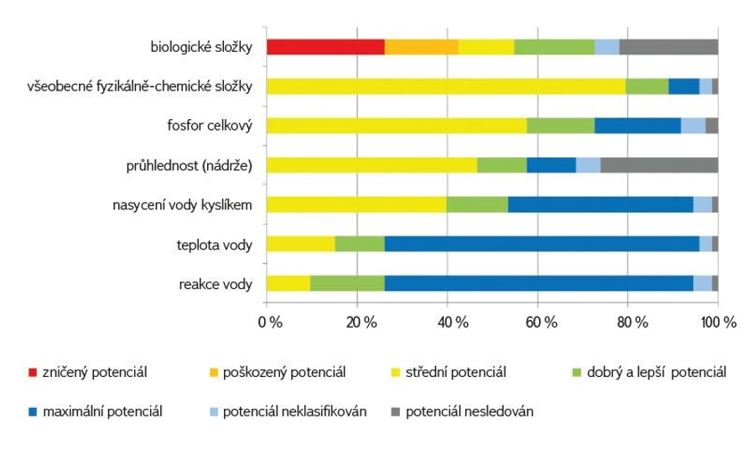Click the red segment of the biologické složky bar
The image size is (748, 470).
coord(325,47)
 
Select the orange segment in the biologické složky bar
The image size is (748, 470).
coord(421,47)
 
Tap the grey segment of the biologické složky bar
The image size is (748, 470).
coord(668,47)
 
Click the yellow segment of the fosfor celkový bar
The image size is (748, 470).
coord(397,126)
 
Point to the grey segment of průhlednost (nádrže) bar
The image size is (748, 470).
coord(659,165)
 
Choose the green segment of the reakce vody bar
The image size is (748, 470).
coord(347,283)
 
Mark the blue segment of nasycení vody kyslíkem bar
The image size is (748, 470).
coord(600,204)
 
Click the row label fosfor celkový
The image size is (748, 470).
coord(210,126)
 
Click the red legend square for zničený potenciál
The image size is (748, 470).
coord(33,371)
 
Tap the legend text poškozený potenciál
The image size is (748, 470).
coord(283,371)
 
